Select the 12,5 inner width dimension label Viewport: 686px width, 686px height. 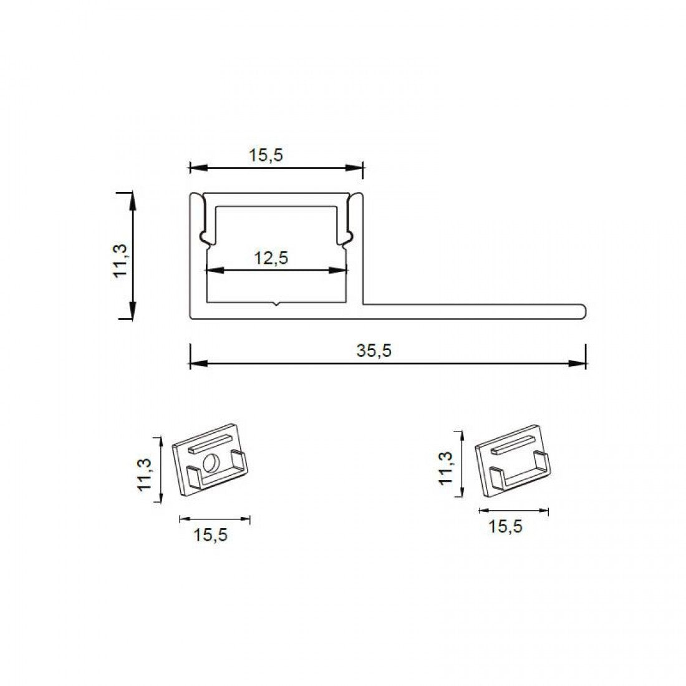coord(271,258)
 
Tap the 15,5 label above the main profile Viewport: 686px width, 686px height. coord(266,155)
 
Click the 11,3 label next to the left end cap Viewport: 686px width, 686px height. coord(145,474)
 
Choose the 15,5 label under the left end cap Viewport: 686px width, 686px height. coord(210,535)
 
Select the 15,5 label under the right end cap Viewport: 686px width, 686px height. coord(505,526)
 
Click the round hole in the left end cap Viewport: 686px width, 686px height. coord(211,463)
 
